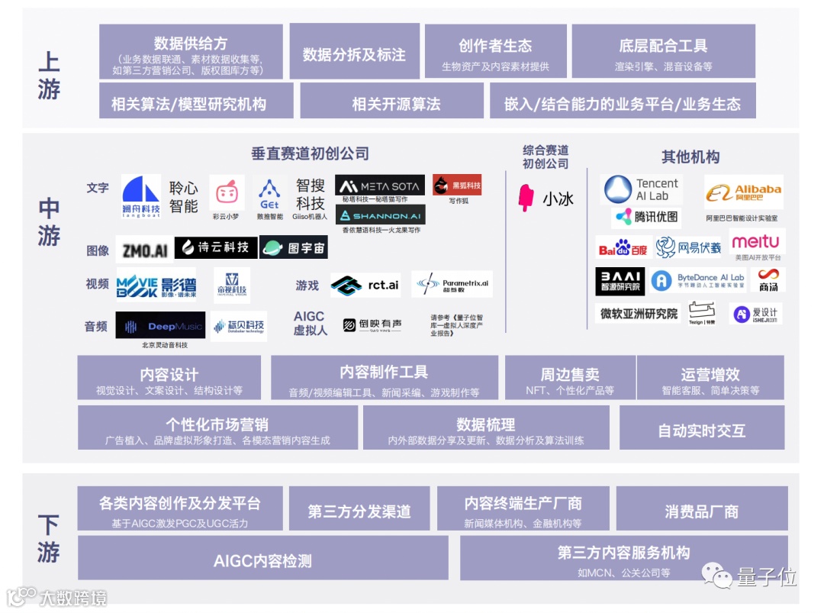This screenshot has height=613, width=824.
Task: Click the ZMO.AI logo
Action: click(x=143, y=249)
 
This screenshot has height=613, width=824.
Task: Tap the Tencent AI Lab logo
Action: click(x=641, y=189)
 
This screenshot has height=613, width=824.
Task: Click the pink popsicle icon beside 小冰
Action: click(x=526, y=198)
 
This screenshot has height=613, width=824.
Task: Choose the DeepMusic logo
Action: click(x=160, y=326)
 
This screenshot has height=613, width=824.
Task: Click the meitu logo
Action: click(x=755, y=243)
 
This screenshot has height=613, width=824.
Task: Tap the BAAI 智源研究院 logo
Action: click(x=620, y=281)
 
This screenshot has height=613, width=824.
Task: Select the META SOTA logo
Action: click(x=379, y=186)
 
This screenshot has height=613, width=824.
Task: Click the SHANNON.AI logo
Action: click(x=380, y=215)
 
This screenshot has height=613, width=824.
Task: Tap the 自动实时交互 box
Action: click(x=701, y=430)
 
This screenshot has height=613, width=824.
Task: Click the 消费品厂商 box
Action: click(x=701, y=511)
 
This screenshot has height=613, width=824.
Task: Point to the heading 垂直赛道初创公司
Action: click(x=310, y=153)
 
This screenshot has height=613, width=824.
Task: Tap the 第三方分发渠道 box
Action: click(x=359, y=511)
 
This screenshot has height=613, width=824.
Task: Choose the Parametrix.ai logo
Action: click(x=452, y=285)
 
